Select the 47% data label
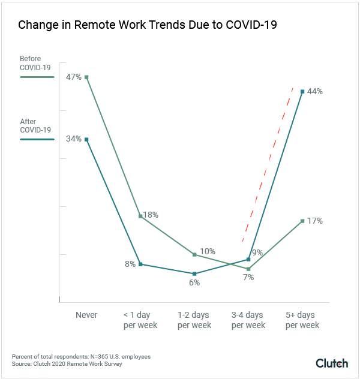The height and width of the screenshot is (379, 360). pyautogui.click(x=74, y=78)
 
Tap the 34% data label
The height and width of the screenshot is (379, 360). pyautogui.click(x=74, y=139)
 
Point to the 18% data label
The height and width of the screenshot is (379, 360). pyautogui.click(x=150, y=215)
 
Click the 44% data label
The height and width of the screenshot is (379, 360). pyautogui.click(x=315, y=92)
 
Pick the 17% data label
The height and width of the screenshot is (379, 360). pyautogui.click(x=315, y=221)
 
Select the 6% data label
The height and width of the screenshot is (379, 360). pyautogui.click(x=194, y=282)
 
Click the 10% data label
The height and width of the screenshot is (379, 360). pyautogui.click(x=208, y=251)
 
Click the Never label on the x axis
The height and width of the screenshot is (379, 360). pyautogui.click(x=86, y=315)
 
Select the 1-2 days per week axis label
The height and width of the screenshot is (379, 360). pyautogui.click(x=194, y=320)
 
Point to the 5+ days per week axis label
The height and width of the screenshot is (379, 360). pyautogui.click(x=302, y=320)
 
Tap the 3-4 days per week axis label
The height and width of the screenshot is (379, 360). pyautogui.click(x=248, y=320)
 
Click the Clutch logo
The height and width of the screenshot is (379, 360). pyautogui.click(x=332, y=363)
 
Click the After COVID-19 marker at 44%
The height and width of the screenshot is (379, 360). pyautogui.click(x=302, y=92)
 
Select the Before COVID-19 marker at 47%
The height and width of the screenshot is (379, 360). pyautogui.click(x=86, y=77)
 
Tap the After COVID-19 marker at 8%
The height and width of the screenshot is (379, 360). pyautogui.click(x=140, y=264)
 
